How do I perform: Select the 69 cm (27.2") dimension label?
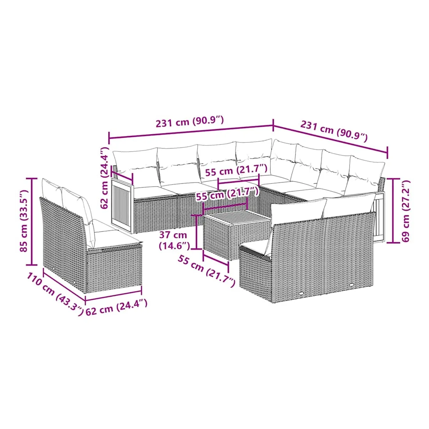406,211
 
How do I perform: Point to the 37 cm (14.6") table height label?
174,240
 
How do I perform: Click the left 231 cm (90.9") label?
190,121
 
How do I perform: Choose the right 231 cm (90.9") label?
334,131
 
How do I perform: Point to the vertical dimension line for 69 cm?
393,210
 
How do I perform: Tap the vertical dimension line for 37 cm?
197,232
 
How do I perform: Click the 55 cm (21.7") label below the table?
207,271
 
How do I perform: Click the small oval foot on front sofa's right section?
351,285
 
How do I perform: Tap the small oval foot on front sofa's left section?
301,293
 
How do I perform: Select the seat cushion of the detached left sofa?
115,238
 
